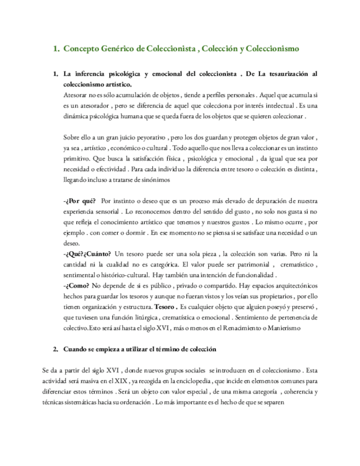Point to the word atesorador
[x=101, y=106]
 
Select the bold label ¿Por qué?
[x=79, y=201]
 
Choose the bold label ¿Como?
[x=76, y=285]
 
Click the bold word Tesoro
[x=166, y=307]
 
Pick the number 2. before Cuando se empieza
[x=56, y=349]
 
